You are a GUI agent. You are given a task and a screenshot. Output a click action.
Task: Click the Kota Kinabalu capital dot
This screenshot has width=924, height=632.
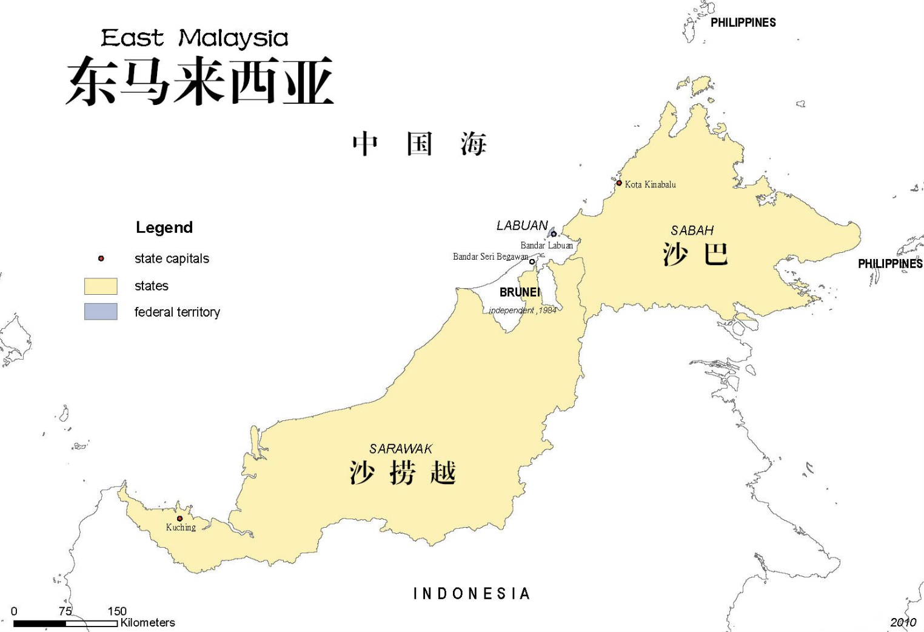click(619, 183)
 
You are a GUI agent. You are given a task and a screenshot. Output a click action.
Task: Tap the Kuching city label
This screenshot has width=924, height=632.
click(181, 528)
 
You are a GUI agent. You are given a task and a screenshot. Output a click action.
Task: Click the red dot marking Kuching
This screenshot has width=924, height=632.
click(179, 519)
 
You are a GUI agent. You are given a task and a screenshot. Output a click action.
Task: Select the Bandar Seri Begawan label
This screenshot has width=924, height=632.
click(490, 257)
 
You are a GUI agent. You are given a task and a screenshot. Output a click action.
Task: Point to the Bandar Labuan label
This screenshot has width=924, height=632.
click(546, 246)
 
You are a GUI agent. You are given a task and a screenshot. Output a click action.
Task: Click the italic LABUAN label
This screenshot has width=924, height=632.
click(522, 226)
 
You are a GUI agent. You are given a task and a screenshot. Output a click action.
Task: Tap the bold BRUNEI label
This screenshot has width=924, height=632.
click(520, 292)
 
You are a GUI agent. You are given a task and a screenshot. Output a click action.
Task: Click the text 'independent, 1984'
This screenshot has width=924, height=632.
click(522, 311)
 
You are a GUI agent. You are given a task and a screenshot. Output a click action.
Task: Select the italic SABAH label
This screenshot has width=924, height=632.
click(692, 230)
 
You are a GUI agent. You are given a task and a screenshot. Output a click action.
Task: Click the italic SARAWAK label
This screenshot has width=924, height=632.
click(401, 449)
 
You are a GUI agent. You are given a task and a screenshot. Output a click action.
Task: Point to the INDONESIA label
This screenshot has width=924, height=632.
click(472, 593)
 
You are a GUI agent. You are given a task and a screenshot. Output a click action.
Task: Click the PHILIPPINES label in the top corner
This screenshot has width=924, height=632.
click(743, 22)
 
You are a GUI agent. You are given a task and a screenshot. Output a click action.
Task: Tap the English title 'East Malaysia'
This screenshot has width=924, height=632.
click(194, 38)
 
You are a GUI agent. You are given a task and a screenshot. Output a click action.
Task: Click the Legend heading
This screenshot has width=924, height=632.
click(164, 227)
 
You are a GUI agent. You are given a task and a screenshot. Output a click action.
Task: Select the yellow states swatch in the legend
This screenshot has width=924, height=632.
click(101, 286)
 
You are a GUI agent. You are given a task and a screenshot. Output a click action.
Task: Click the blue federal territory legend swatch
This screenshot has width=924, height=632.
click(101, 312)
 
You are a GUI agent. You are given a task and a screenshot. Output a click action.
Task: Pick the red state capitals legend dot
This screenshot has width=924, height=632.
click(101, 258)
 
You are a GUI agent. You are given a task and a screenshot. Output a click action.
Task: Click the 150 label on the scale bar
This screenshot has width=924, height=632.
click(117, 611)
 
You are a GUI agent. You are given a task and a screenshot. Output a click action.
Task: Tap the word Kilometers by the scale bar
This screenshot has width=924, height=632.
click(147, 622)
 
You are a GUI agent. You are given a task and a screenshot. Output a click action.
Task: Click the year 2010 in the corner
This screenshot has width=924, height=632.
click(903, 622)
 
